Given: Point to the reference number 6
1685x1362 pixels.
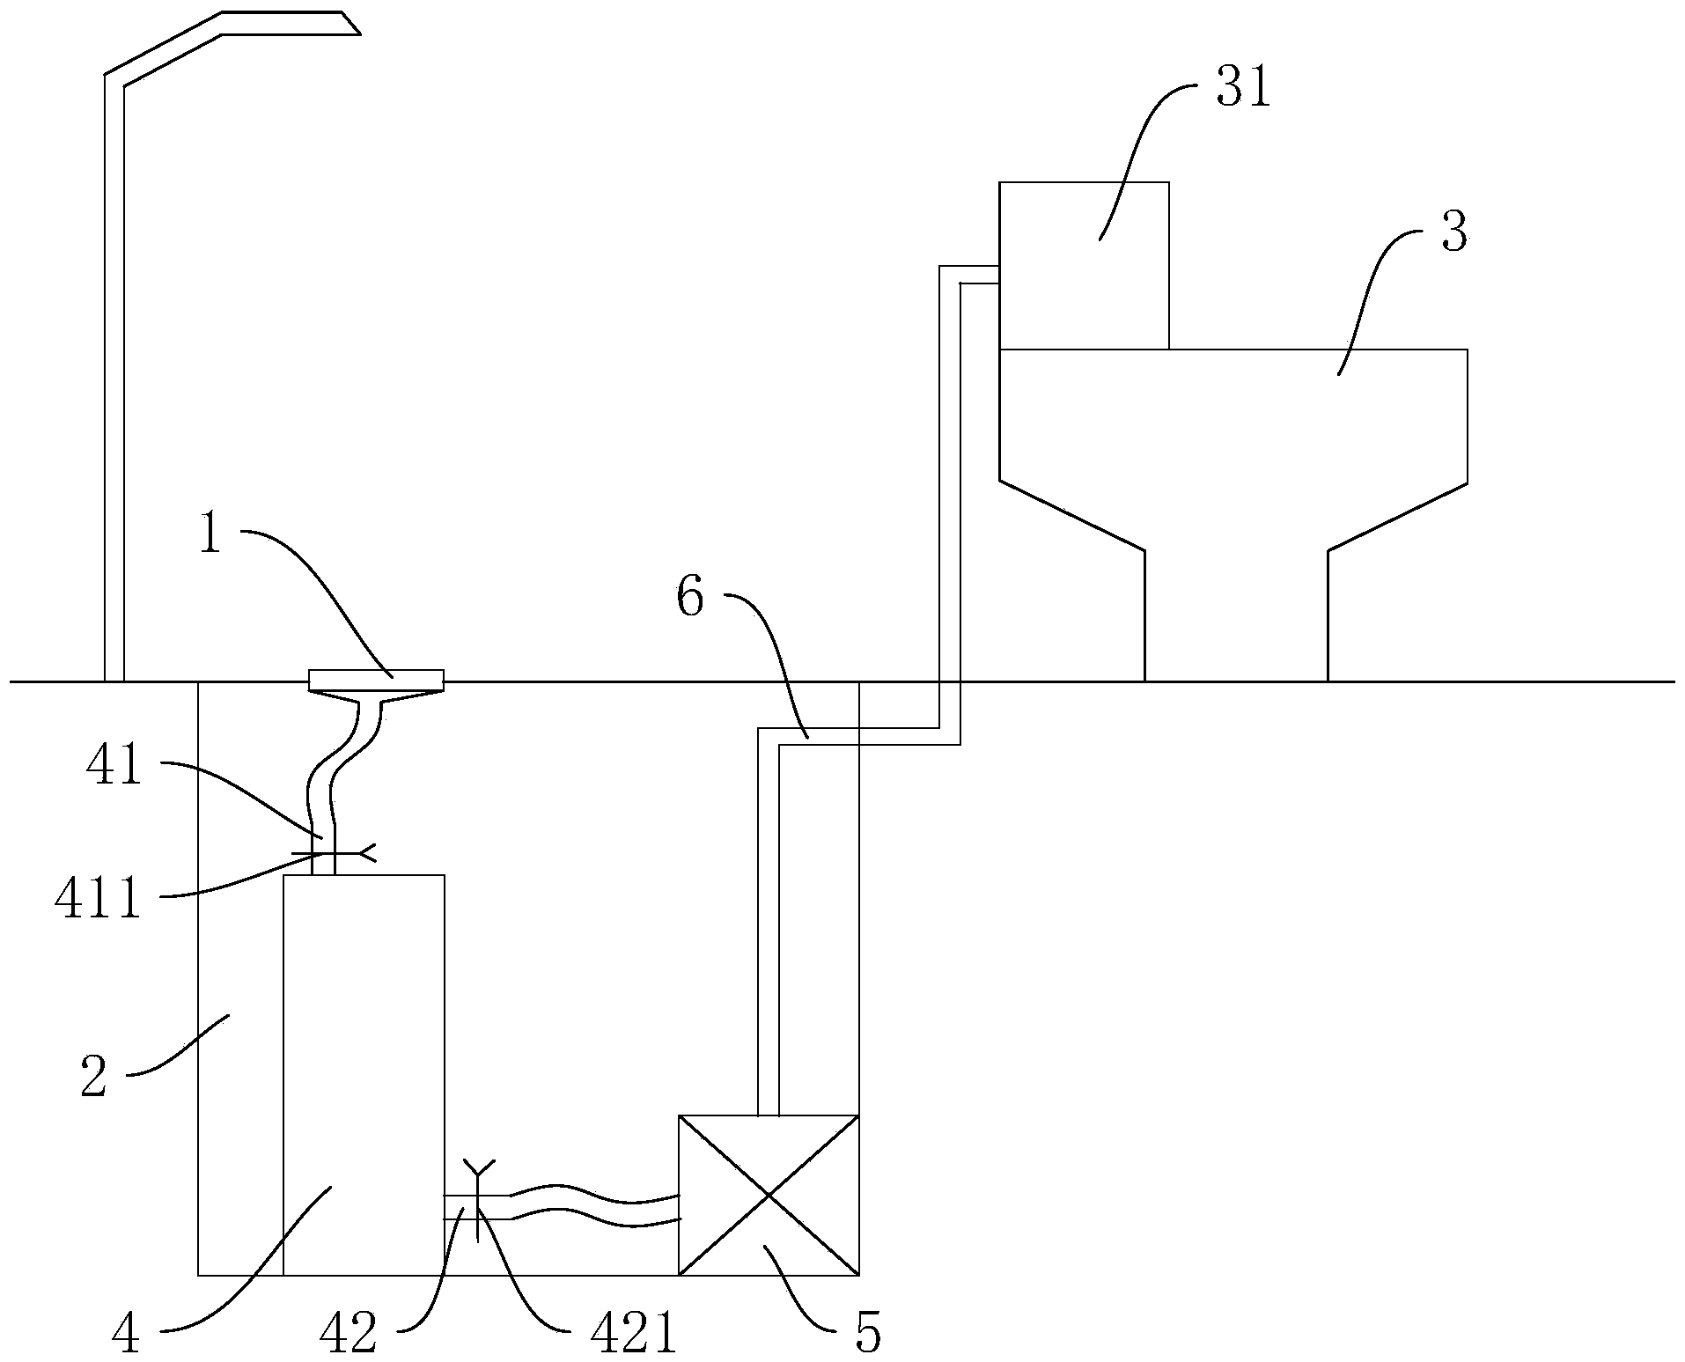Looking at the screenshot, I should pyautogui.click(x=689, y=599).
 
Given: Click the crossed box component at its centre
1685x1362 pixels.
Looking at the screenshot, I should pyautogui.click(x=769, y=1195).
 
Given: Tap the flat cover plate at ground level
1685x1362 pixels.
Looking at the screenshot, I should pyautogui.click(x=376, y=680).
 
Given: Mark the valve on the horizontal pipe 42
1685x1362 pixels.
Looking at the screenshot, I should pyautogui.click(x=476, y=1204).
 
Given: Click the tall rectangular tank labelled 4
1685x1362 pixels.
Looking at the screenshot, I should pyautogui.click(x=364, y=1074).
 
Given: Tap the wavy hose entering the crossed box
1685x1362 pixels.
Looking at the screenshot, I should pyautogui.click(x=599, y=1207).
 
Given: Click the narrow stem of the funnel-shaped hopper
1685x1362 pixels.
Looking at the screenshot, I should pyautogui.click(x=1236, y=616).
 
